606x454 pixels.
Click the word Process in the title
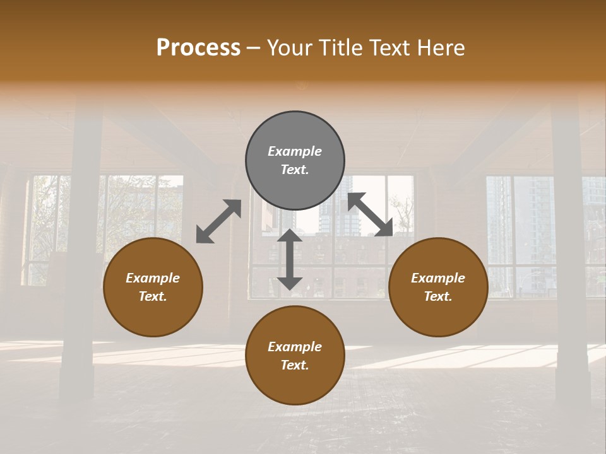pos(198,48)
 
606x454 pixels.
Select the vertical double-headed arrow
pos(290,259)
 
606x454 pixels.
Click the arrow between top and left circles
pos(218,221)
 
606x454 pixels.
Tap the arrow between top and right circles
pos(371,214)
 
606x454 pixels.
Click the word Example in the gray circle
pos(295,151)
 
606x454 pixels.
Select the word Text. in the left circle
pos(153,296)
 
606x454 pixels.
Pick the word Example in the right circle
pos(438,278)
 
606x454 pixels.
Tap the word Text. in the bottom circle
pos(295,365)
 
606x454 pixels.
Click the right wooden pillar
pos(570,252)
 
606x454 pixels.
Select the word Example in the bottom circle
pos(295,347)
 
